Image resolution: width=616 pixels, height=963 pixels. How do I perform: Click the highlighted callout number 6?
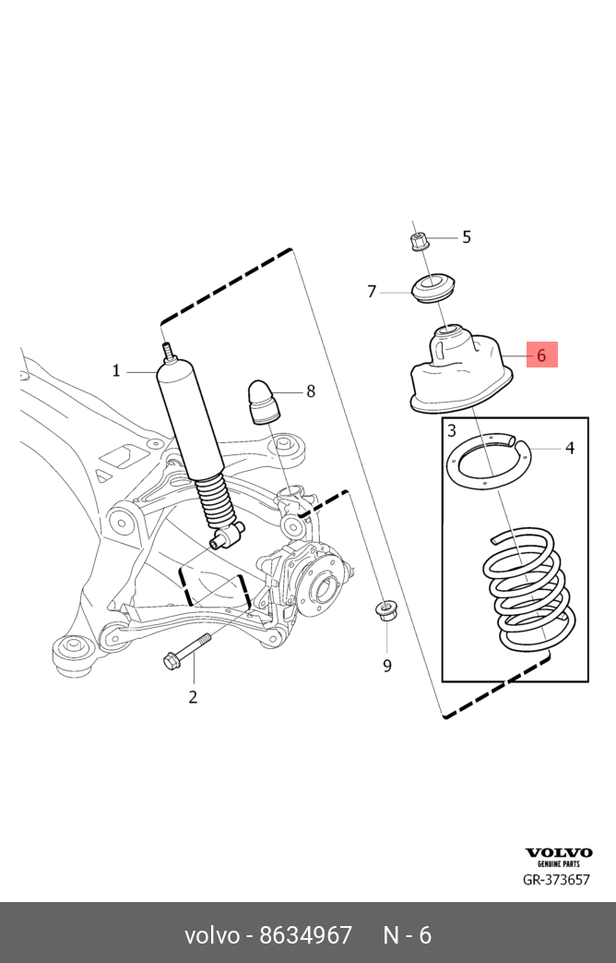pyautogui.click(x=541, y=355)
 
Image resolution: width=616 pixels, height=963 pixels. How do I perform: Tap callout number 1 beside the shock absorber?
pyautogui.click(x=116, y=371)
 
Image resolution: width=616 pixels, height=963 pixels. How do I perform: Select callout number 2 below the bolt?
pyautogui.click(x=193, y=697)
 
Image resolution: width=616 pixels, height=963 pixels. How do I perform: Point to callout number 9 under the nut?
pyautogui.click(x=387, y=666)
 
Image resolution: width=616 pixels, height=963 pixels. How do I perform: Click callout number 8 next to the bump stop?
pyautogui.click(x=311, y=391)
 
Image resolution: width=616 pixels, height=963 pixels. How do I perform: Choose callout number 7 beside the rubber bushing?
pyautogui.click(x=372, y=291)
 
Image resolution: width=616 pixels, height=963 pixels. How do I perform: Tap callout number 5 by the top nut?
pyautogui.click(x=467, y=237)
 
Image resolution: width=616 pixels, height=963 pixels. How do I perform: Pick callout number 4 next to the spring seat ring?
pyautogui.click(x=570, y=449)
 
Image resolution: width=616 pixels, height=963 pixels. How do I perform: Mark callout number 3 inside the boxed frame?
pyautogui.click(x=452, y=430)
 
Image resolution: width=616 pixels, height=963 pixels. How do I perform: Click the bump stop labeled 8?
pyautogui.click(x=263, y=402)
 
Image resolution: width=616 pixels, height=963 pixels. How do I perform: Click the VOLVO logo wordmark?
pyautogui.click(x=559, y=852)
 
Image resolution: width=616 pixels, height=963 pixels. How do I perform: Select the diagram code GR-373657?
pyautogui.click(x=556, y=880)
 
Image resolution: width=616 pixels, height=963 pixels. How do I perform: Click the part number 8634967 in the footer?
pyautogui.click(x=305, y=935)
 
